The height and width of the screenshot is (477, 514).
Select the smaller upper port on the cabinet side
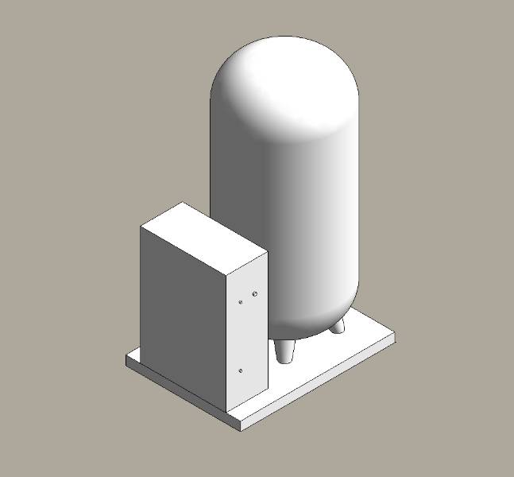click(242, 302)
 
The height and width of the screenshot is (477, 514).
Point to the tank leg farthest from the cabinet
click(338, 326)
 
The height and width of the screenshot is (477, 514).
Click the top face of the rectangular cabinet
click(203, 237)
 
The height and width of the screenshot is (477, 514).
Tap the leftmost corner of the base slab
click(126, 359)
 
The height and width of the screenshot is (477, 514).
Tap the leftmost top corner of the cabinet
click(141, 227)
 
